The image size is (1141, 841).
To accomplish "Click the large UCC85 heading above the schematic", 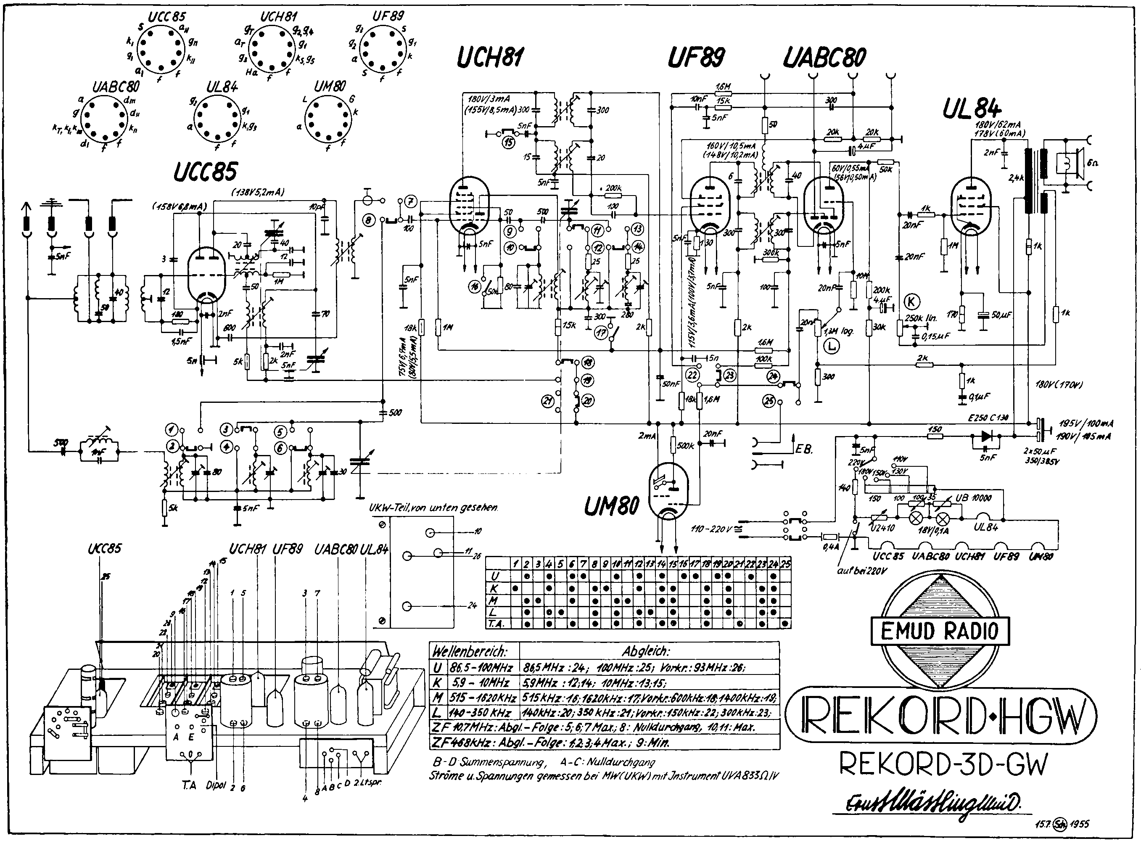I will pos(205,172).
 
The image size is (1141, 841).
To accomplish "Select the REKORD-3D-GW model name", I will pos(943,764).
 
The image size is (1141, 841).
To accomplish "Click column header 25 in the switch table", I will pos(785,563).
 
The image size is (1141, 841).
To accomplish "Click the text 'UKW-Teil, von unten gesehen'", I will pos(433,508).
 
